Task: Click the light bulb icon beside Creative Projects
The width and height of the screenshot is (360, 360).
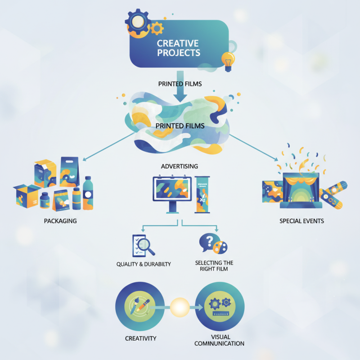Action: [228, 59]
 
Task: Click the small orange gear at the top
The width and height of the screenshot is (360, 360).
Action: [157, 28]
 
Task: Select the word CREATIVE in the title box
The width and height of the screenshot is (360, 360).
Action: [178, 44]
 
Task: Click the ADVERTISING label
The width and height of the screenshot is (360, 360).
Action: [180, 166]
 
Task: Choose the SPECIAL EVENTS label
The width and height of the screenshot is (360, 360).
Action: [301, 221]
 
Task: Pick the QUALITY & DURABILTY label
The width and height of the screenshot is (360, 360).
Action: [144, 264]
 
